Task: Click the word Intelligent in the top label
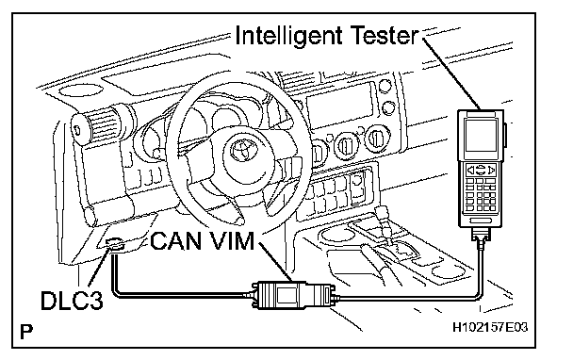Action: click(x=288, y=37)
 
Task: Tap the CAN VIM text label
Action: click(x=202, y=241)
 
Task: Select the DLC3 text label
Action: click(x=72, y=301)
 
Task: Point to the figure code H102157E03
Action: click(x=490, y=327)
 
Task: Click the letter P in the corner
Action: click(x=26, y=331)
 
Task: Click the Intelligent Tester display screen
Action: click(x=481, y=135)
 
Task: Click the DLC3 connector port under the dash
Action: click(x=115, y=244)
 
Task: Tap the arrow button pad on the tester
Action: click(x=481, y=170)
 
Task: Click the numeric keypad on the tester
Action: click(x=482, y=195)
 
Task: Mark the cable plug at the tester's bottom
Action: click(x=481, y=235)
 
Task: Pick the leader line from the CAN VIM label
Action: click(x=275, y=262)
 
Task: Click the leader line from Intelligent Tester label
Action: click(x=450, y=74)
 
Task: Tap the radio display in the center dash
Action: click(x=340, y=106)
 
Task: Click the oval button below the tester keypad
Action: click(x=481, y=221)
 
